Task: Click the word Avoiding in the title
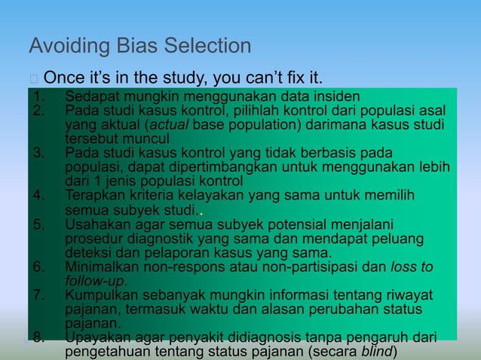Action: (x=63, y=47)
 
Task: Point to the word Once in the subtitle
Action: (x=64, y=78)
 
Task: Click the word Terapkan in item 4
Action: (x=94, y=195)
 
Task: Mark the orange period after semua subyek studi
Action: (x=200, y=212)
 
